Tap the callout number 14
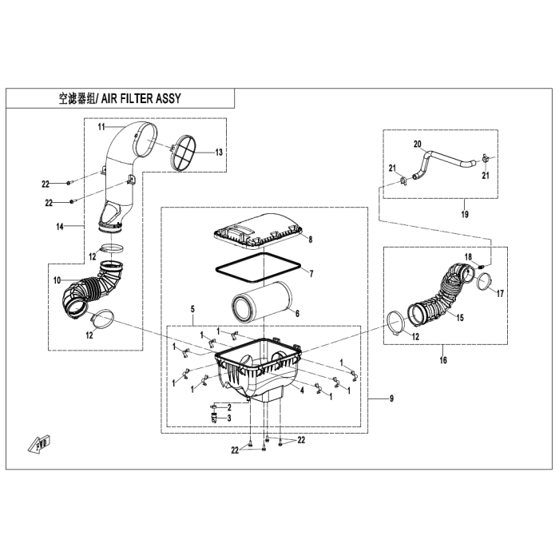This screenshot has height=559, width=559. point(71,227)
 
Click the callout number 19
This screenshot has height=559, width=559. point(442,214)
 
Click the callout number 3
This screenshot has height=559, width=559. point(229,418)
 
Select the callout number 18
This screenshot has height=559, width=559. point(470,255)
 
